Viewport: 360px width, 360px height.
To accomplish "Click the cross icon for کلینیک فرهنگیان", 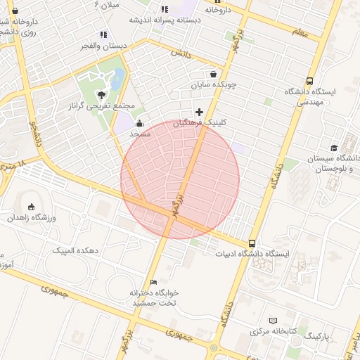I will click(x=200, y=112).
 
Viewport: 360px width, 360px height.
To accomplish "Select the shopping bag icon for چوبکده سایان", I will click(x=213, y=74).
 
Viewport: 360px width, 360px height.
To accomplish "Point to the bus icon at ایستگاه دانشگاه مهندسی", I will click(x=310, y=81).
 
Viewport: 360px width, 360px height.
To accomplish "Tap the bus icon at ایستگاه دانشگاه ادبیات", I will click(x=252, y=243).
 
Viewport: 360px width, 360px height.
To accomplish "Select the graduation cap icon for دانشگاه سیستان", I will click(x=334, y=148).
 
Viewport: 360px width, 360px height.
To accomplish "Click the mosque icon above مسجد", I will click(x=139, y=124).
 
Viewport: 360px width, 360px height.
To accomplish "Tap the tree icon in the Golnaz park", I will click(x=103, y=94).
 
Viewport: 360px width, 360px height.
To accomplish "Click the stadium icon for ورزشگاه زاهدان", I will click(x=30, y=207).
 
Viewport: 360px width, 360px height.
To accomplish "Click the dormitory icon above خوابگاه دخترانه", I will click(x=154, y=282).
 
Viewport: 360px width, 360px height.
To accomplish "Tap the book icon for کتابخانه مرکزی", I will click(x=274, y=320).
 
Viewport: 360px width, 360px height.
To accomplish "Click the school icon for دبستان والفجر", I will click(x=103, y=34).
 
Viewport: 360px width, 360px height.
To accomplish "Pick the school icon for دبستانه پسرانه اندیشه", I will click(x=165, y=9).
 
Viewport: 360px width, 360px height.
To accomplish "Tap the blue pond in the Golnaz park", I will click(x=118, y=77).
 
